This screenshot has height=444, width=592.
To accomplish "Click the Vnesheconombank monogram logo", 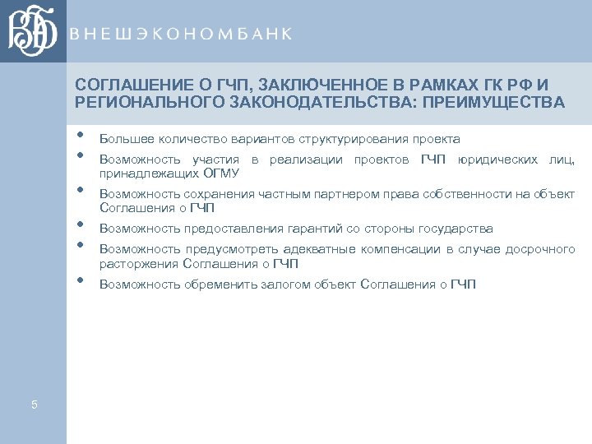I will click(33, 31).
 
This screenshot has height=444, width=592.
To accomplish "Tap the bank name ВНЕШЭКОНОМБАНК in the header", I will click(180, 34).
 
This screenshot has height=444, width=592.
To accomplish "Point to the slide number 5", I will click(34, 404).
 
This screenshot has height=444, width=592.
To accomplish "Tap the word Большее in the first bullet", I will click(123, 139).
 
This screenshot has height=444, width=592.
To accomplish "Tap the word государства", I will click(456, 229).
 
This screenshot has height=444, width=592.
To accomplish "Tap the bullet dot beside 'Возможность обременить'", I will click(80, 280).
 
